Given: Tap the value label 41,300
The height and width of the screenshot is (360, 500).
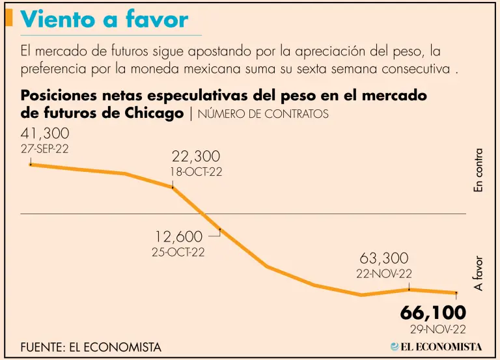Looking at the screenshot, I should pyautogui.click(x=45, y=134).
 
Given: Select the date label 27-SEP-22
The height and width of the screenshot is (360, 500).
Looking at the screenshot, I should pyautogui.click(x=45, y=149).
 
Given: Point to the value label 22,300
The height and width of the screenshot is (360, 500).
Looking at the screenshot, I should pyautogui.click(x=196, y=156).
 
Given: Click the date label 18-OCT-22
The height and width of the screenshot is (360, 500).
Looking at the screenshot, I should pyautogui.click(x=196, y=172).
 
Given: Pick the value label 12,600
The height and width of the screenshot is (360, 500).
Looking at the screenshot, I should pyautogui.click(x=178, y=237).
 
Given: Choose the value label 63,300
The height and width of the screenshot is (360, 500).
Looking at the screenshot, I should pyautogui.click(x=383, y=258).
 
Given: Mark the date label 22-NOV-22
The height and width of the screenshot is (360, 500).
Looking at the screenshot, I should pyautogui.click(x=383, y=274).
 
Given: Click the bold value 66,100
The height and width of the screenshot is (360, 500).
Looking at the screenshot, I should pyautogui.click(x=433, y=312).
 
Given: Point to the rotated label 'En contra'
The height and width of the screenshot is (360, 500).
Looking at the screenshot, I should pyautogui.click(x=479, y=171).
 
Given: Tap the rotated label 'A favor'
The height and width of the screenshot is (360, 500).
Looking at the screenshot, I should pyautogui.click(x=479, y=273).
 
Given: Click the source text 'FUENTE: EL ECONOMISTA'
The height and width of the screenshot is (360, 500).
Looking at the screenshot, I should pyautogui.click(x=90, y=348).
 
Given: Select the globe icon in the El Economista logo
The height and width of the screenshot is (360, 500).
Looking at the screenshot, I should pyautogui.click(x=395, y=346).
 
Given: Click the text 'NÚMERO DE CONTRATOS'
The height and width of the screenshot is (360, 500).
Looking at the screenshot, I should pyautogui.click(x=263, y=114).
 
